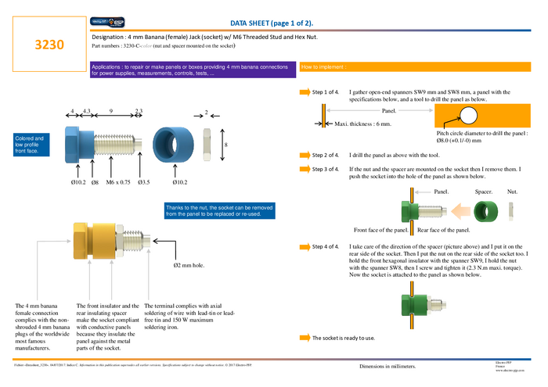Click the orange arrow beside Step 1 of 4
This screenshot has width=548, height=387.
(305, 92)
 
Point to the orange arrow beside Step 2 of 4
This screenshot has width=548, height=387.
(305, 156)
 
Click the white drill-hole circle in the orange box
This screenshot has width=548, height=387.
(469, 116)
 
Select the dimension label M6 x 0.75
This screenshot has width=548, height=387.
(119, 183)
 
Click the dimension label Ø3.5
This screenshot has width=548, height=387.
(143, 183)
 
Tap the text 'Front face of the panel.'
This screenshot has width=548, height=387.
(381, 231)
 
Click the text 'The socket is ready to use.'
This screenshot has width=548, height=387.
(343, 338)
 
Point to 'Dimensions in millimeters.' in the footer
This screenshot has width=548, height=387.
(388, 366)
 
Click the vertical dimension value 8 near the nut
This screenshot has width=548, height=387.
(225, 145)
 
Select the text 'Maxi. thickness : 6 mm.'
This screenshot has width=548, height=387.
(362, 124)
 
